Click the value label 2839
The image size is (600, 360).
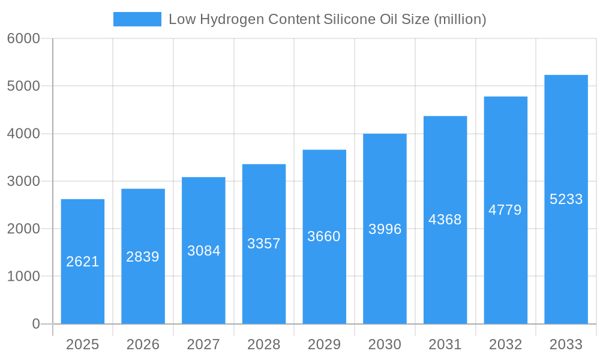[x=143, y=257]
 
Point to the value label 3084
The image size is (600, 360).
[x=204, y=251]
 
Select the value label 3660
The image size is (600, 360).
[x=324, y=236]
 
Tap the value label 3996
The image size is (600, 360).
[x=385, y=229]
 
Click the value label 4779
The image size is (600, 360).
[x=505, y=210]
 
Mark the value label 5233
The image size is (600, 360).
[x=566, y=199]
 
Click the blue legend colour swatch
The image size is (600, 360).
[x=137, y=19]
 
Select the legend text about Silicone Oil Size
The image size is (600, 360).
[x=328, y=19]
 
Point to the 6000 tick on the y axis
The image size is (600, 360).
[x=23, y=38]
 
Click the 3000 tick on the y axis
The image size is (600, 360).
[x=23, y=181]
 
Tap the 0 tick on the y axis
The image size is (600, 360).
[x=35, y=324]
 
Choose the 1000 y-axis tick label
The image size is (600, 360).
[x=23, y=277]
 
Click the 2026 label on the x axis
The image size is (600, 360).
[x=143, y=344]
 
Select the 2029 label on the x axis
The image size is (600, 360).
[x=324, y=344]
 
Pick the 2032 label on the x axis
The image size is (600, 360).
[x=505, y=344]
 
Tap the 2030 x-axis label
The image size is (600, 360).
[x=385, y=344]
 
